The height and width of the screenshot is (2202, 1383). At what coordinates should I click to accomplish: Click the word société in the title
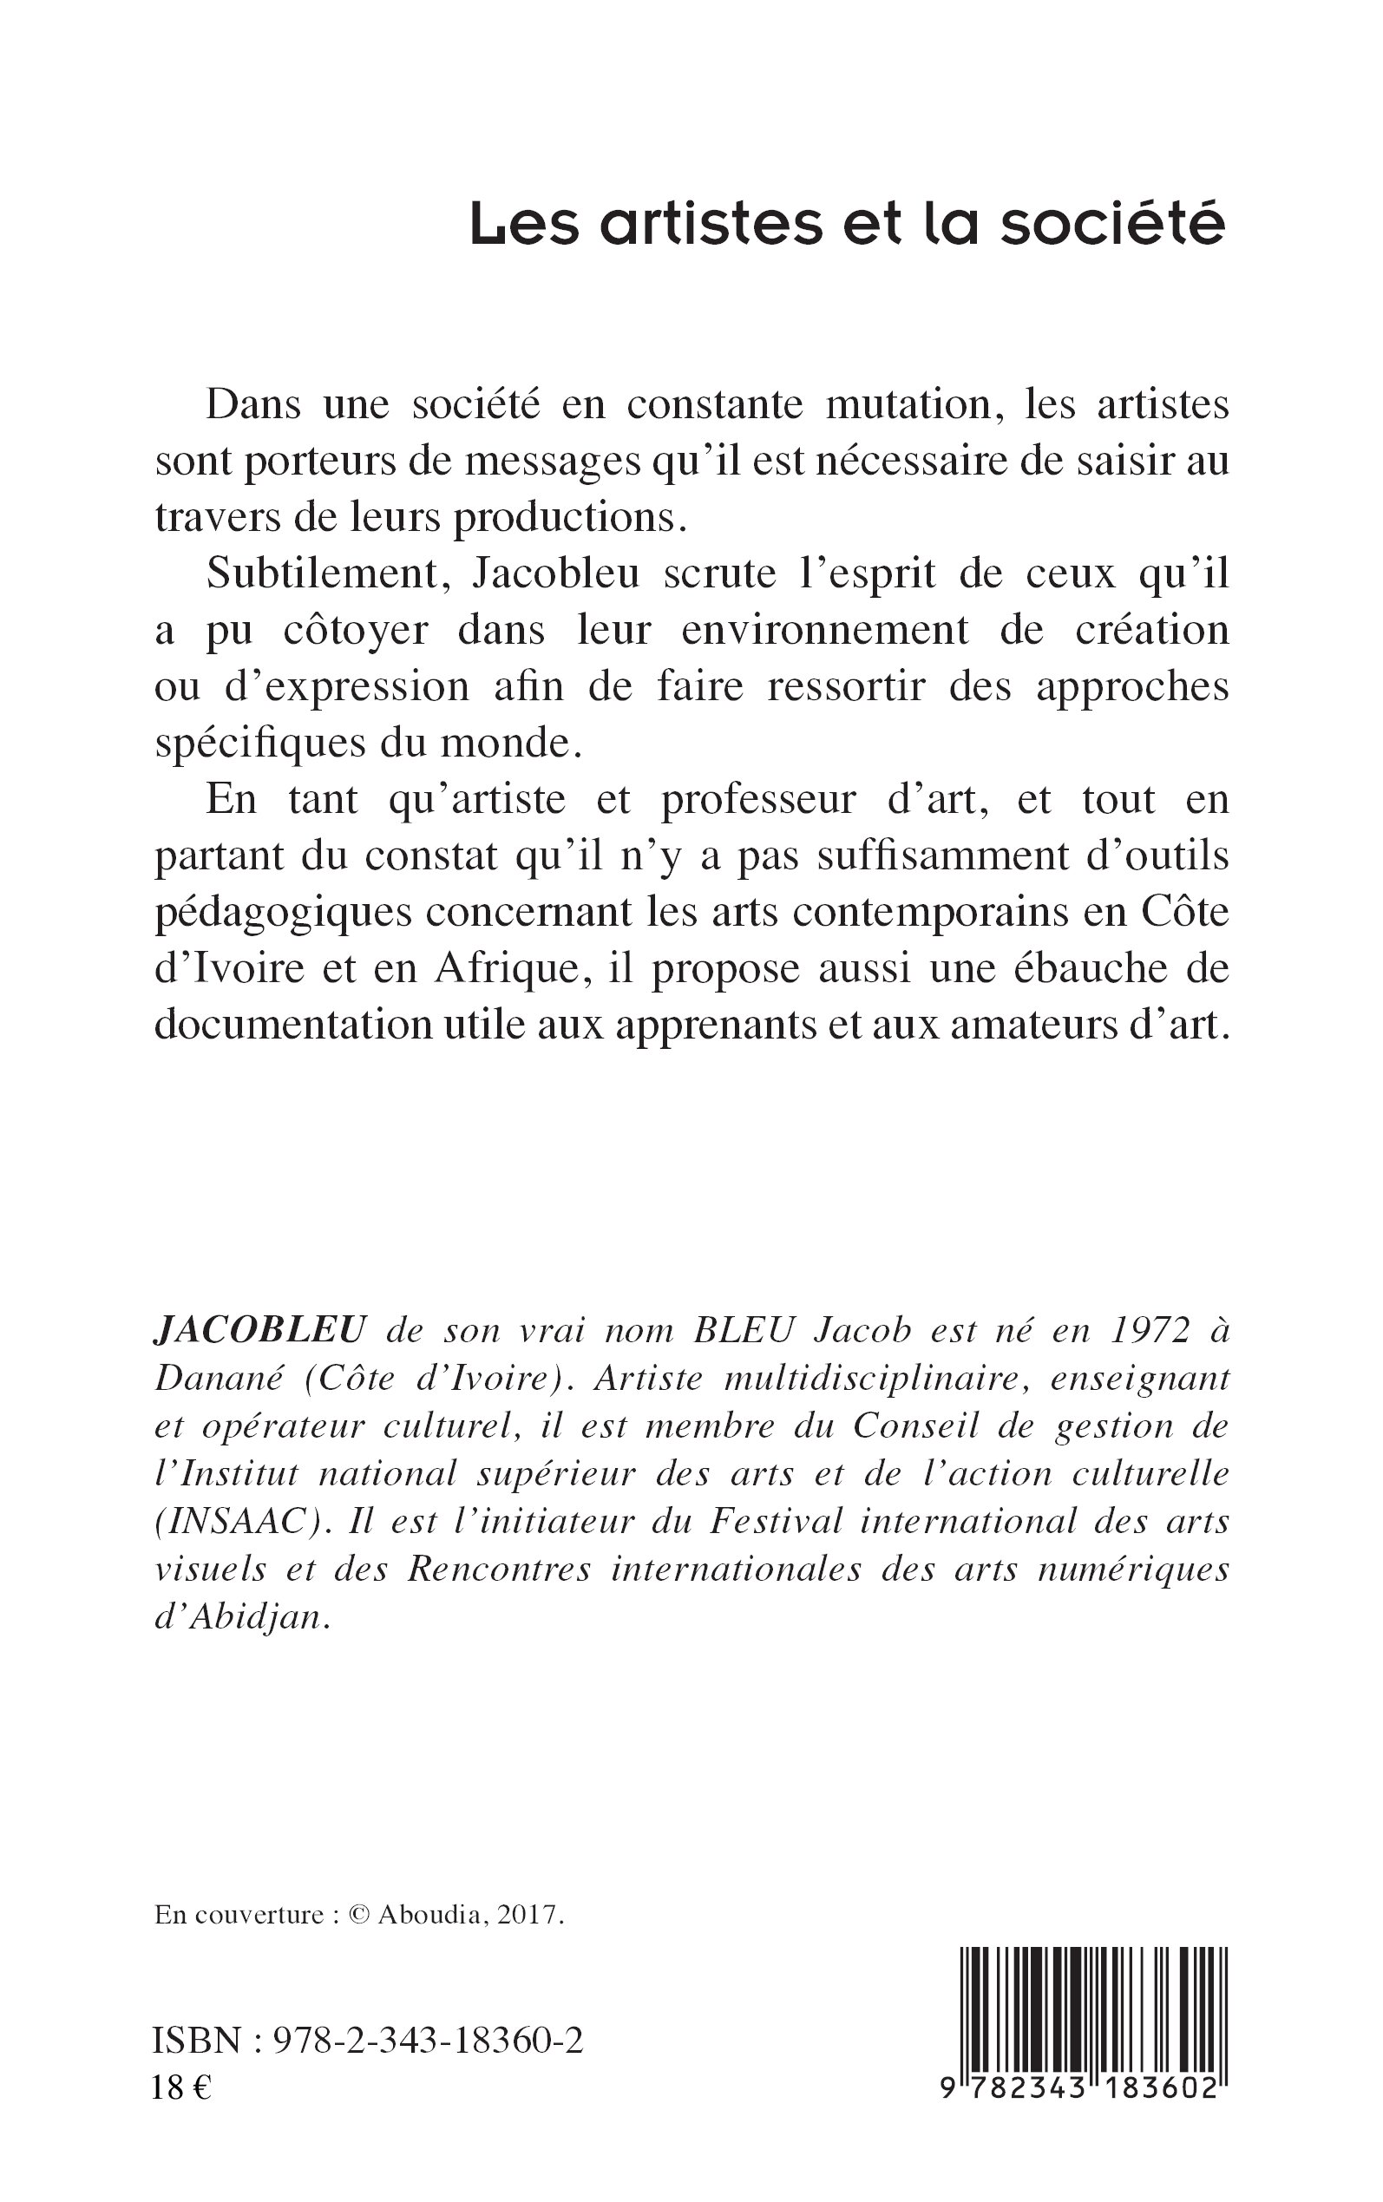(1111, 224)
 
